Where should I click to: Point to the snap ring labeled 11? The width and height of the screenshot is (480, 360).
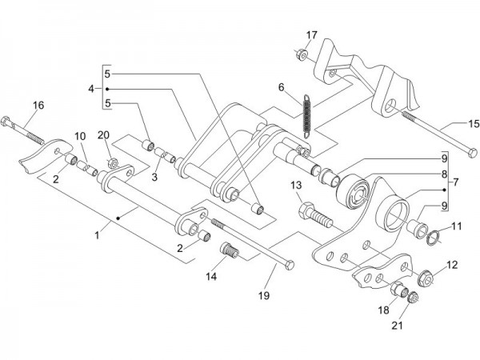[430, 235]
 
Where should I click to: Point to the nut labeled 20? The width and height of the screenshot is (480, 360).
[113, 165]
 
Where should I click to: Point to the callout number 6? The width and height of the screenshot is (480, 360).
[282, 87]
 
